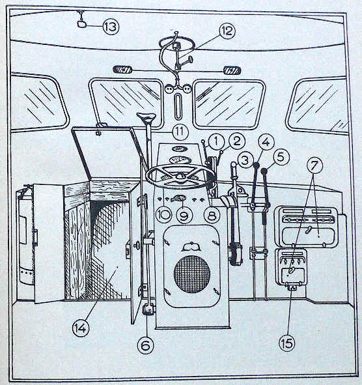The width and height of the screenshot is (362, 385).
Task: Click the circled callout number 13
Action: tap(111, 26)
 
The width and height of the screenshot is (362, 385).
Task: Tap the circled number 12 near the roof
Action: tap(227, 31)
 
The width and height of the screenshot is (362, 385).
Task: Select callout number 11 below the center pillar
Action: tap(180, 132)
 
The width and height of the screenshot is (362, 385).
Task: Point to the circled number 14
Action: tap(81, 328)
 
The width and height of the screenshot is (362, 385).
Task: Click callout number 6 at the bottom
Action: tap(146, 345)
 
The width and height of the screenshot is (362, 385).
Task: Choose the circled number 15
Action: tap(287, 343)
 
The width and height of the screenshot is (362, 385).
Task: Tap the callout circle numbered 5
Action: tap(281, 156)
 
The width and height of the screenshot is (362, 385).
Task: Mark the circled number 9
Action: tap(184, 216)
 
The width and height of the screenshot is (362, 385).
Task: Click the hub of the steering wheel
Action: tap(180, 176)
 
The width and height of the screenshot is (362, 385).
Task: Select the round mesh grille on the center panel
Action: tap(192, 274)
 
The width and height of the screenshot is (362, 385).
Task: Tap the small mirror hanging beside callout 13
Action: tap(81, 24)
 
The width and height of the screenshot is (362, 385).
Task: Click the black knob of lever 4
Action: tap(257, 165)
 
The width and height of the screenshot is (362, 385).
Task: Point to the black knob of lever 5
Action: tap(264, 171)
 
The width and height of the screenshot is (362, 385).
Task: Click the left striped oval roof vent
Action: tap(122, 70)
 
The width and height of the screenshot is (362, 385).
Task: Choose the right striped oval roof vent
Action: tap(232, 70)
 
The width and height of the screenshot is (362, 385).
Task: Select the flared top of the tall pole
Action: tap(146, 118)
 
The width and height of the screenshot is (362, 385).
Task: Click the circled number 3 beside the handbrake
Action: tap(245, 160)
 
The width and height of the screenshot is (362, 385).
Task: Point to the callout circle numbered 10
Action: tap(164, 214)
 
